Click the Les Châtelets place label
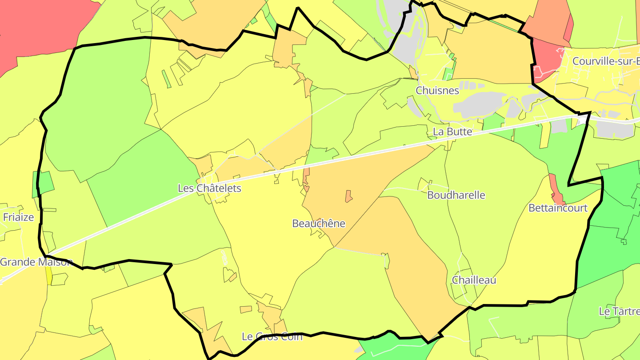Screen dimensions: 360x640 coord(209,188)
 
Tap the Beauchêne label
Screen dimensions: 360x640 coord(318,224)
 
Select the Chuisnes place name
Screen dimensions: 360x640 coord(437,91)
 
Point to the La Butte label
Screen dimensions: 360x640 coord(452,132)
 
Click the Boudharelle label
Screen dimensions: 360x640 coord(456,195)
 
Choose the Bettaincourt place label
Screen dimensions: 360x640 coord(558,208)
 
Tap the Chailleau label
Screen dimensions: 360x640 coord(474,280)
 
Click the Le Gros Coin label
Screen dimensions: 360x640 coord(272,336)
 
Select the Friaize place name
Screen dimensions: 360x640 coord(18,217)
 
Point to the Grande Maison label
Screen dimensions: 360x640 coord(36,262)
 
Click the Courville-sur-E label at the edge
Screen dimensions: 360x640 coord(606,61)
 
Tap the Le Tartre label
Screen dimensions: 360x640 coord(619,311)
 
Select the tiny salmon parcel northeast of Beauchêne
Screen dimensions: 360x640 coord(348,196)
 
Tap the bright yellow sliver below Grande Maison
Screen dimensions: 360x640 coord(48,276)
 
